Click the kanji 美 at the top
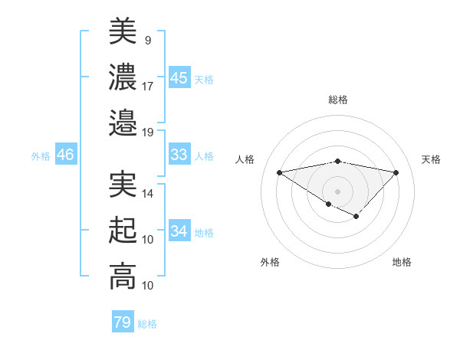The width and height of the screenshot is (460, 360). (123, 31)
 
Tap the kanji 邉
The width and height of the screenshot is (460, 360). (123, 122)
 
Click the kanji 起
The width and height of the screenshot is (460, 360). (123, 231)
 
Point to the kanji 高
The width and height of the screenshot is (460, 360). (123, 276)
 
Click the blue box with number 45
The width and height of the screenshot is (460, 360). (179, 78)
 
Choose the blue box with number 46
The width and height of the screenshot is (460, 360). (65, 155)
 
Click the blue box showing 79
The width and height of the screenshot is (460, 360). (122, 322)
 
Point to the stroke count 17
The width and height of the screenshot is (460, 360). (148, 86)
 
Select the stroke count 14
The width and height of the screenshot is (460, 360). (148, 194)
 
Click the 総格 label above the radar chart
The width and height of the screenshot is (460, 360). (337, 100)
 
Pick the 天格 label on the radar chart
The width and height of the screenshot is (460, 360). (431, 159)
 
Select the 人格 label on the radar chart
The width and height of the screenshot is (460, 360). (245, 159)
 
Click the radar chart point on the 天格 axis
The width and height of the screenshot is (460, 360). (396, 172)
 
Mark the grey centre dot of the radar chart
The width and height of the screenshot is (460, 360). (337, 191)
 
